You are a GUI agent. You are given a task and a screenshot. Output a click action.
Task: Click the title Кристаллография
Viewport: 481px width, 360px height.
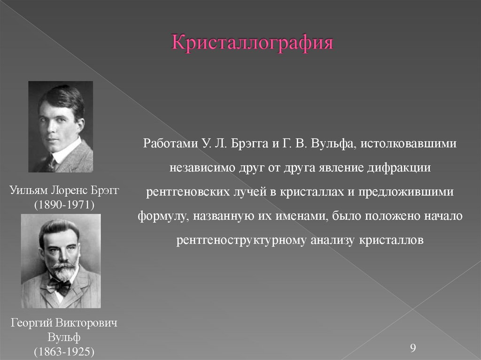pyautogui.click(x=253, y=44)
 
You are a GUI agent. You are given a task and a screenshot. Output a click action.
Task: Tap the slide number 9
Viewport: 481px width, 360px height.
pyautogui.click(x=413, y=348)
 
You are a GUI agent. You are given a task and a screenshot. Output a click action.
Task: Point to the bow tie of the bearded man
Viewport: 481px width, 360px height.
pyautogui.click(x=60, y=284)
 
